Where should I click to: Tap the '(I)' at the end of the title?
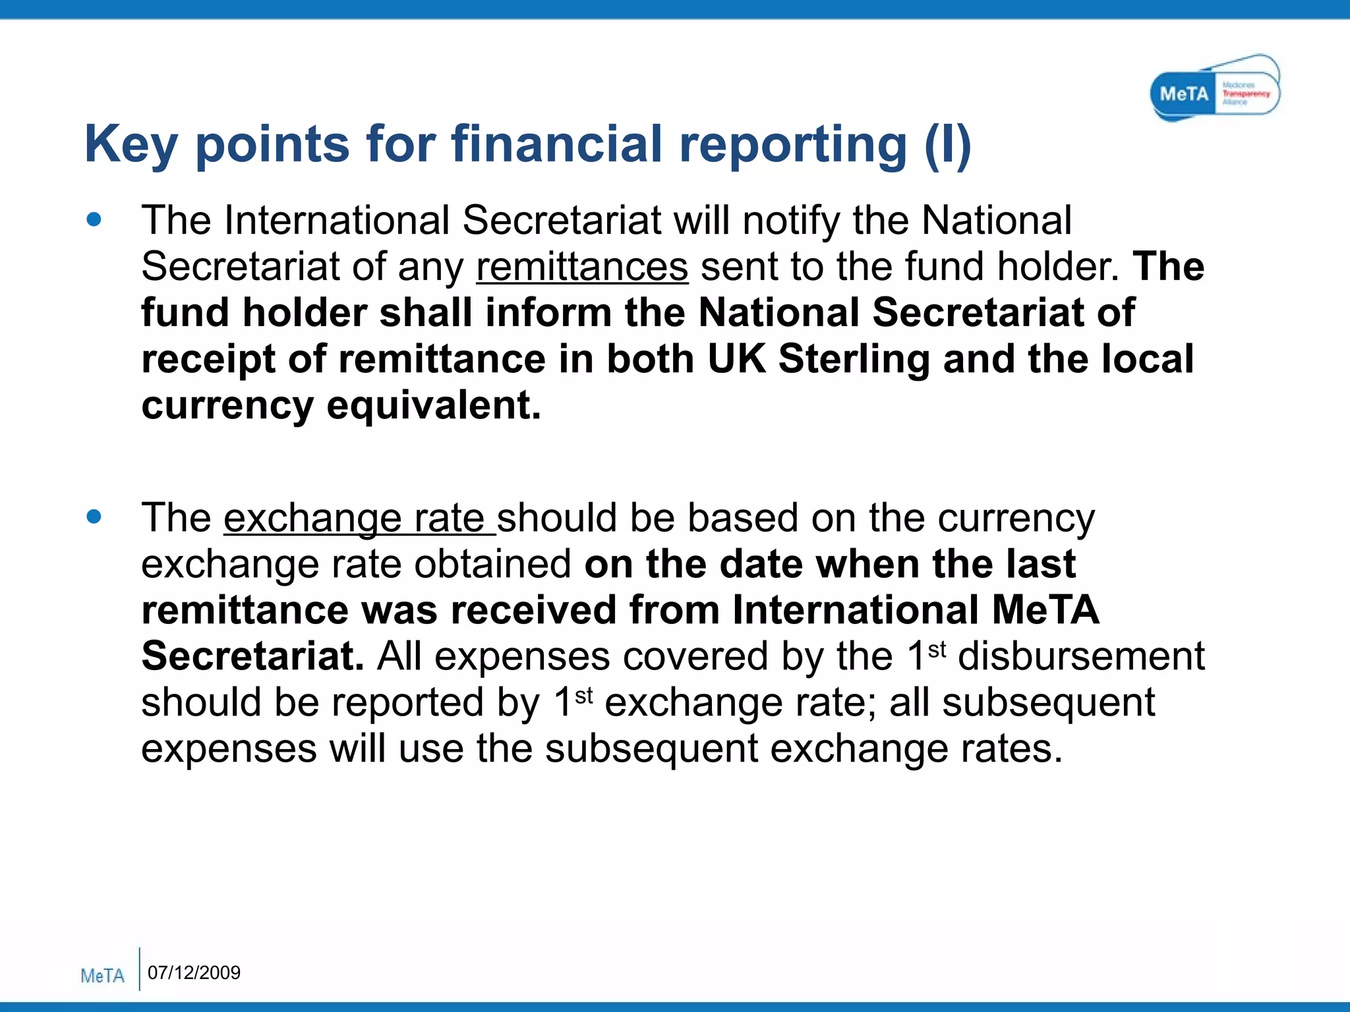[947, 145]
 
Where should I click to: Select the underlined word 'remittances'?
[582, 267]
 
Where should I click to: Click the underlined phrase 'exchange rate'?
[359, 519]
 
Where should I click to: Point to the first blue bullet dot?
[94, 219]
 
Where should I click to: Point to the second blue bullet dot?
[94, 517]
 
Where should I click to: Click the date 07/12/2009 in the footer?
[194, 972]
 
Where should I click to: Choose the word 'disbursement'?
[1081, 657]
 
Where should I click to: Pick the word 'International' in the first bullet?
[336, 220]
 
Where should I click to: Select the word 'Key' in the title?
[131, 145]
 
